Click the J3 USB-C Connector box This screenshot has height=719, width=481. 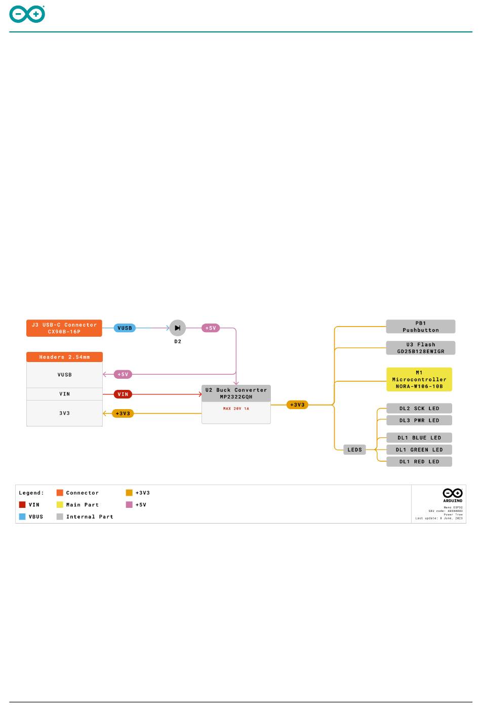click(64, 328)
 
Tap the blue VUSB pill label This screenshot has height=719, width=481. click(125, 328)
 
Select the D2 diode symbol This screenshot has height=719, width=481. click(178, 328)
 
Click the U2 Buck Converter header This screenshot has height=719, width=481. click(236, 393)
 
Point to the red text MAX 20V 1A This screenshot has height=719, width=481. click(236, 409)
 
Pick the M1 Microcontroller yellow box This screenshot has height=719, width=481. click(419, 379)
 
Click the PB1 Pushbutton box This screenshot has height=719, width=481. click(421, 327)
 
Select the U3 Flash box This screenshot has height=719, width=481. click(421, 348)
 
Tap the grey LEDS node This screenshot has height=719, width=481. click(354, 450)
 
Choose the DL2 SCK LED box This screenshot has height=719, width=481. click(419, 409)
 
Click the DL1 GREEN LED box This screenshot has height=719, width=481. click(419, 450)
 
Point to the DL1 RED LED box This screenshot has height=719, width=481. click(419, 462)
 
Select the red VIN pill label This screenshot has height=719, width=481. click(123, 394)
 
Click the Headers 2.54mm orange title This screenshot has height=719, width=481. click(64, 357)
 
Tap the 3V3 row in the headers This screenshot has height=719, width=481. click(64, 413)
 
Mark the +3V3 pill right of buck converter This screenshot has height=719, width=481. click(297, 405)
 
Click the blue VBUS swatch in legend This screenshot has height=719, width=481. click(22, 516)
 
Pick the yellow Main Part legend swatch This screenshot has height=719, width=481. click(60, 505)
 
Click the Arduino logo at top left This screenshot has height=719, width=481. click(27, 14)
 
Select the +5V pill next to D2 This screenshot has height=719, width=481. click(211, 328)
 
